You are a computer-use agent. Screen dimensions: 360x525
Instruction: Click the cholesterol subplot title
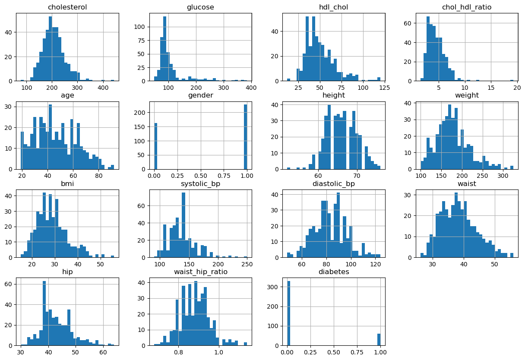coord(68,7)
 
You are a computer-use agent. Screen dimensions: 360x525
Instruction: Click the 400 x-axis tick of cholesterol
coord(103,88)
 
